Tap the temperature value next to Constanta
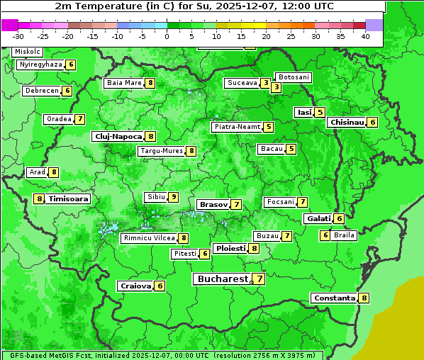(364, 298)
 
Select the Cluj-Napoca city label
(118, 136)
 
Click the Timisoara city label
(69, 199)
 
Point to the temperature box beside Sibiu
(174, 197)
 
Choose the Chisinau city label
(347, 122)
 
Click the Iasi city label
(304, 112)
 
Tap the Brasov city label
(213, 204)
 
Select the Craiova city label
(135, 286)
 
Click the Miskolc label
(28, 52)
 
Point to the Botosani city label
(294, 77)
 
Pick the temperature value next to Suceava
(265, 83)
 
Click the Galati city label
(318, 218)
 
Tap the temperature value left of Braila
(325, 235)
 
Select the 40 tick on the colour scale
(365, 36)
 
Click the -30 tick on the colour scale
(18, 36)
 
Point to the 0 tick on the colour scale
(167, 36)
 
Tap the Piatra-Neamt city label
(237, 127)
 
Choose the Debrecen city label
(41, 91)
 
